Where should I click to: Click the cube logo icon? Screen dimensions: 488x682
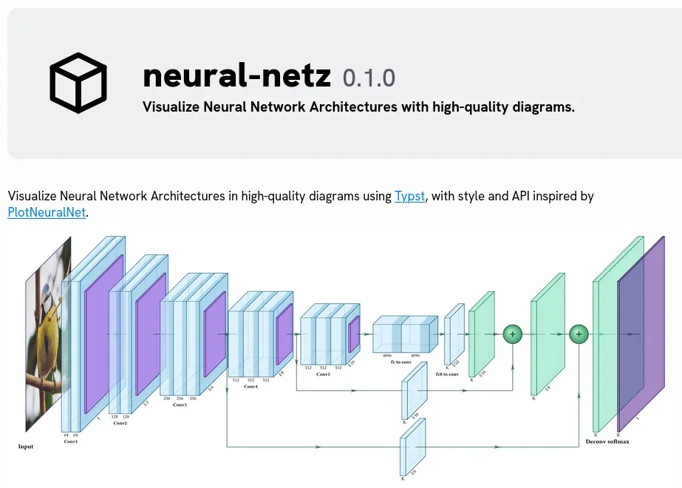78,83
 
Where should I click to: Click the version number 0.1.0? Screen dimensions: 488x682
369,78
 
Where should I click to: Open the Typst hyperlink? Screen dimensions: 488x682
410,196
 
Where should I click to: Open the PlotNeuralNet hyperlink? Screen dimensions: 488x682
47,213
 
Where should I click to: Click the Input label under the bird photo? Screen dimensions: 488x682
26,447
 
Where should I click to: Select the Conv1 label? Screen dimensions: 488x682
71,441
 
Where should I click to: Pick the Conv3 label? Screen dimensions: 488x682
180,405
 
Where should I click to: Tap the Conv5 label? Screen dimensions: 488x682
324,374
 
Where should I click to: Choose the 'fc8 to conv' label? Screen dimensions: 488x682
447,374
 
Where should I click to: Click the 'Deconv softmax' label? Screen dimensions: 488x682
607,441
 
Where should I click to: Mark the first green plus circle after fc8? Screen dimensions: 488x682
512,334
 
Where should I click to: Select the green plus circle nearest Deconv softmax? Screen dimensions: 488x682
579,334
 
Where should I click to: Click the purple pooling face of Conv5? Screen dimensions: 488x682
353,334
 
